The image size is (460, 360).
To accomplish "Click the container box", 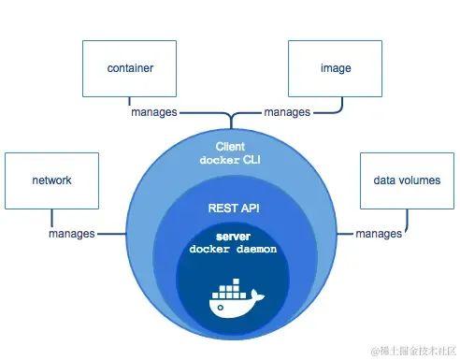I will point(130,68).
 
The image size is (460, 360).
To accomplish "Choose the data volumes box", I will point(408,180).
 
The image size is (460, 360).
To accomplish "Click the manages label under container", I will point(154,112).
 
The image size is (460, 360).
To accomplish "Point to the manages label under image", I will point(287,112).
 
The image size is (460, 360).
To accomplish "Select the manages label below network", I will point(72,233).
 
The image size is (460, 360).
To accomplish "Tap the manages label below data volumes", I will point(379,233).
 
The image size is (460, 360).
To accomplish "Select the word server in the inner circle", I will point(229,238).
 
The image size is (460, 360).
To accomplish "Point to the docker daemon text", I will point(229,250).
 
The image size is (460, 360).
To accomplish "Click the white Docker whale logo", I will point(235,298).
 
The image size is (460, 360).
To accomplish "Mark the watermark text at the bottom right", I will point(410,350).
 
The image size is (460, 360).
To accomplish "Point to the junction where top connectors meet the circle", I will point(229,123).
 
